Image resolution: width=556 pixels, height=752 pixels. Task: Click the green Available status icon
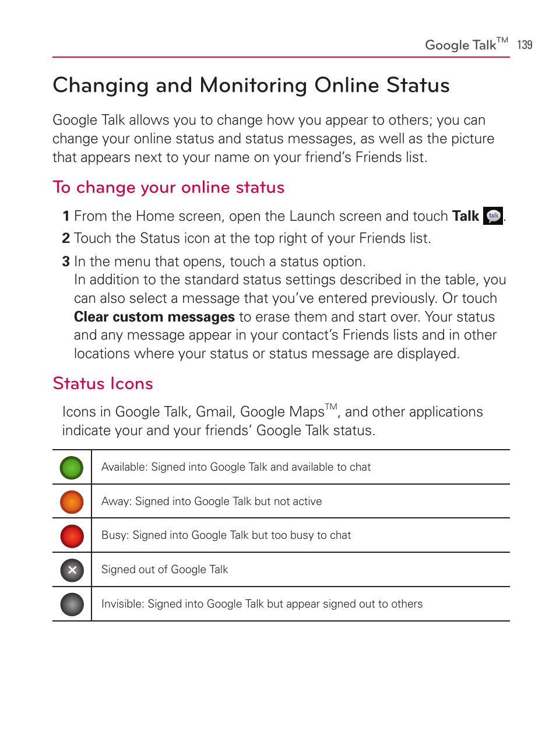72,468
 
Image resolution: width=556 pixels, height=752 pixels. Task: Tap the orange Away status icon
72,502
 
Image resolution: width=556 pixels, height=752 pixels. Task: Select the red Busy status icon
72,536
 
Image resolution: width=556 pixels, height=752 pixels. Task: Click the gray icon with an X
72,570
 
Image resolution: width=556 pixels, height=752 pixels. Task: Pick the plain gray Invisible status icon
72,605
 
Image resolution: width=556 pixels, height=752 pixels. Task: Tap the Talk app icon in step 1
493,216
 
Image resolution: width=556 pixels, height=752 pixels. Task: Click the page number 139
525,45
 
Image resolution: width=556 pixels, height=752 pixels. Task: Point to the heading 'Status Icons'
103,383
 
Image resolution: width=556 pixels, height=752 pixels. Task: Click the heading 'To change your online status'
168,188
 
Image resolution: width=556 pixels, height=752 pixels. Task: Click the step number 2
66,238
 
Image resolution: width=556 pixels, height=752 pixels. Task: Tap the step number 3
66,262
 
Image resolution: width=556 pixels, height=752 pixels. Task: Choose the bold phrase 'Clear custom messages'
154,317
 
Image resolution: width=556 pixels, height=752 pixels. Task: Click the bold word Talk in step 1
465,216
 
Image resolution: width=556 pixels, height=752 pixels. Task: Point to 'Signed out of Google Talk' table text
164,570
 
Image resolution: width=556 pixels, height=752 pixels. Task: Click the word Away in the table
115,502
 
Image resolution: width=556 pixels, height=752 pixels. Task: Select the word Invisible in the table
122,604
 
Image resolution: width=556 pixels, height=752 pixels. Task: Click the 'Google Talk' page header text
460,45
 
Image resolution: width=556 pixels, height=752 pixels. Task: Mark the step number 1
66,216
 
